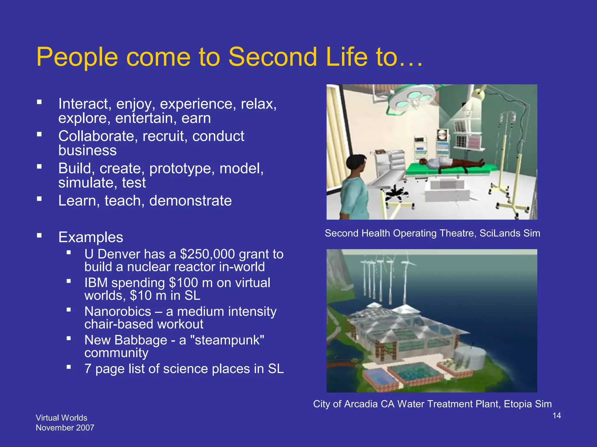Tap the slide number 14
click(x=556, y=416)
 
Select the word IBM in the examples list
click(x=96, y=283)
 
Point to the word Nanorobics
click(x=118, y=312)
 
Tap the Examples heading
click(x=91, y=237)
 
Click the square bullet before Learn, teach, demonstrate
click(x=39, y=199)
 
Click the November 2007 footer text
click(x=65, y=428)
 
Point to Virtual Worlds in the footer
click(x=61, y=418)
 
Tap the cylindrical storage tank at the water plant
click(x=470, y=358)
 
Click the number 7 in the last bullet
click(x=88, y=369)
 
